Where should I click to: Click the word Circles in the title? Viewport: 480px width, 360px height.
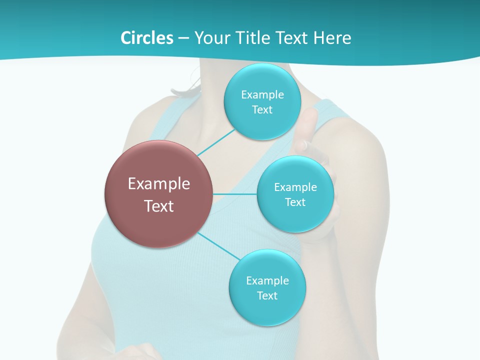(146, 38)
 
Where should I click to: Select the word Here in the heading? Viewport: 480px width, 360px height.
(332, 38)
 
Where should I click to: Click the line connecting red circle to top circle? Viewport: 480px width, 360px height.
(216, 142)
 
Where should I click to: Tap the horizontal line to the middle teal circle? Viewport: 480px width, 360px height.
(235, 194)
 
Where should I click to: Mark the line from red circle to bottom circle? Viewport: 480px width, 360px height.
(219, 246)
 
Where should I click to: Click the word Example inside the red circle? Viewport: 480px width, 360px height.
(159, 184)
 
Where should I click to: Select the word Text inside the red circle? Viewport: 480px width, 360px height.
(159, 206)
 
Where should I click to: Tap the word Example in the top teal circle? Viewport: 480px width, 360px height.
(262, 95)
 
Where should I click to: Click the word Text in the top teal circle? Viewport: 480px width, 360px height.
(262, 110)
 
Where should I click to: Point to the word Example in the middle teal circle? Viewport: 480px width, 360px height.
(295, 187)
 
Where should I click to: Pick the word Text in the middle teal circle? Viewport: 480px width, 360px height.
(295, 202)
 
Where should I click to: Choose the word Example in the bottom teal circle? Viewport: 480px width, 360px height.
(267, 281)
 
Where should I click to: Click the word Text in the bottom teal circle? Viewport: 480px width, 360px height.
(267, 296)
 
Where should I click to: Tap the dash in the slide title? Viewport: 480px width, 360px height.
(183, 38)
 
